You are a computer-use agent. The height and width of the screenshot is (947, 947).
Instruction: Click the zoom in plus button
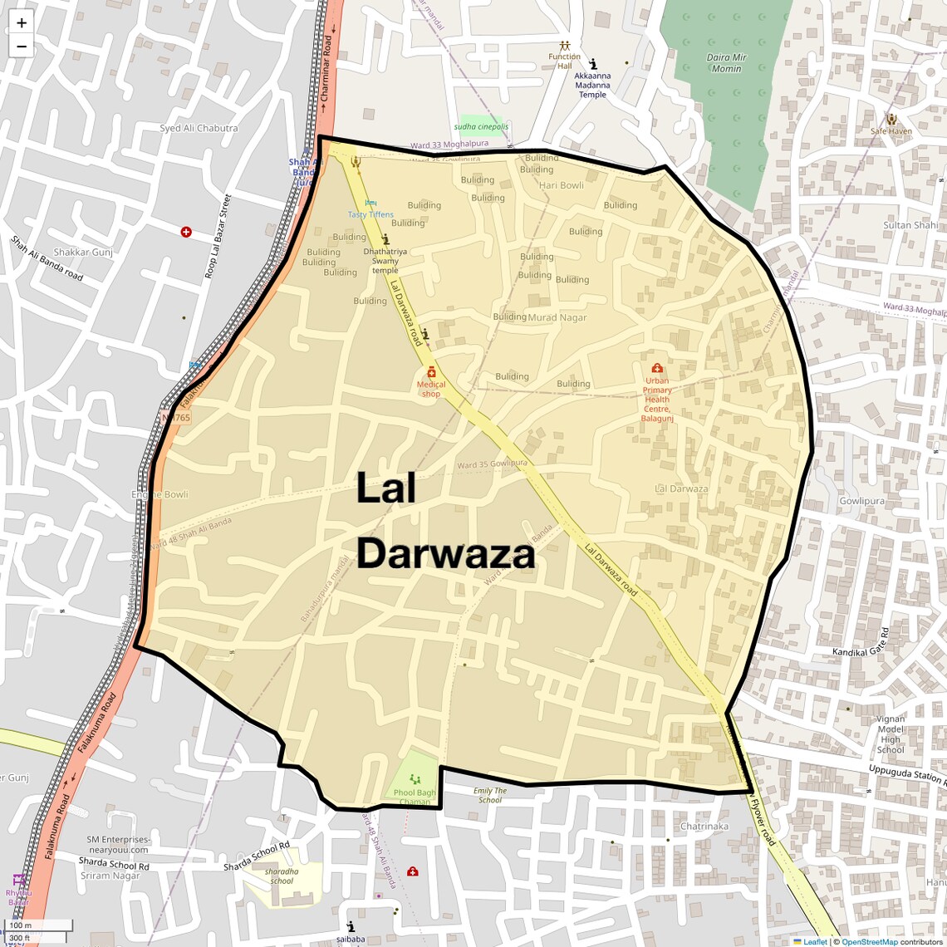[x=22, y=23]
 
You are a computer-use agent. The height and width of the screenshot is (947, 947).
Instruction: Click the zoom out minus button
[x=22, y=47]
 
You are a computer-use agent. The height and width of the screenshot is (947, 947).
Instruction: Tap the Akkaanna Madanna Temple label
[x=592, y=85]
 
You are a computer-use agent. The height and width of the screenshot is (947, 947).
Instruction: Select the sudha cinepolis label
[x=481, y=127]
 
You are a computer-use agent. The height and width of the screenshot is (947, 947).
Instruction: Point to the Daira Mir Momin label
[x=726, y=63]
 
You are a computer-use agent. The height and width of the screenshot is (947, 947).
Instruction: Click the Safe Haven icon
[x=891, y=119]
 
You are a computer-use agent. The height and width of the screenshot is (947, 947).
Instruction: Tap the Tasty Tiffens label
[x=370, y=214]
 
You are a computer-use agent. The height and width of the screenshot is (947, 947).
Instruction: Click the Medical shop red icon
[x=431, y=372]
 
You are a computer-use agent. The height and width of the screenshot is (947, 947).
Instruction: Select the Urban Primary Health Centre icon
[x=657, y=368]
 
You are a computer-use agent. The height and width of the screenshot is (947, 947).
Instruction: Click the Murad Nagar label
[x=557, y=317]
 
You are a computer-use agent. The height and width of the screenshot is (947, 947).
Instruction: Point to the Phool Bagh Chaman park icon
[x=415, y=779]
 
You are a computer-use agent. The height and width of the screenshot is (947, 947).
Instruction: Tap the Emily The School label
[x=490, y=795]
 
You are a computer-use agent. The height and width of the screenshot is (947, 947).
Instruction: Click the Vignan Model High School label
[x=891, y=734]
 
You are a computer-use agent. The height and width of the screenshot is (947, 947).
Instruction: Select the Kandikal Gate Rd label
[x=861, y=641]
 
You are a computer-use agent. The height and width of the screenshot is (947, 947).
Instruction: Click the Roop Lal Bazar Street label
[x=217, y=237]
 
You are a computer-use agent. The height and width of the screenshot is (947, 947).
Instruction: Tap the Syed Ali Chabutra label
[x=199, y=129]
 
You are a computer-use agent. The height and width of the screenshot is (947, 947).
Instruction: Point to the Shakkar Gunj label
[x=83, y=252]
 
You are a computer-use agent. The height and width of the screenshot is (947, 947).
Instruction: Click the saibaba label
[x=351, y=939]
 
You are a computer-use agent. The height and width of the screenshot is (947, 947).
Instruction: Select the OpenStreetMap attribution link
[x=869, y=941]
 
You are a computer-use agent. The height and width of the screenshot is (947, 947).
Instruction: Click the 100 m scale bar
[x=37, y=925]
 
